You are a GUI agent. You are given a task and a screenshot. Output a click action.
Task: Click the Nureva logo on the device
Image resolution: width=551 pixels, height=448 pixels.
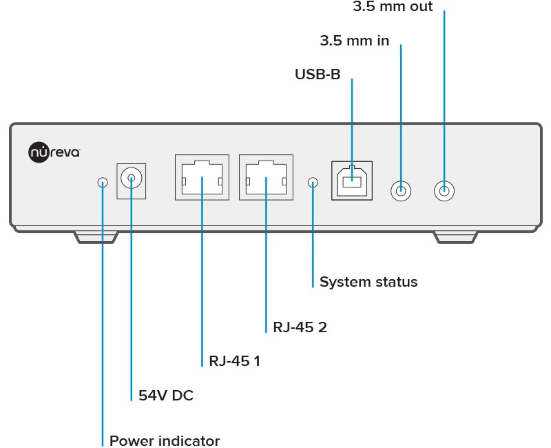click(x=54, y=151)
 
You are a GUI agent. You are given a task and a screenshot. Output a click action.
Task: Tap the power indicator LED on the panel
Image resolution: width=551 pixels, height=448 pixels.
click(x=103, y=183)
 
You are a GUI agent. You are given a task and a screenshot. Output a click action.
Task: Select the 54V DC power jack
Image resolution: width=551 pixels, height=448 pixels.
click(x=131, y=181)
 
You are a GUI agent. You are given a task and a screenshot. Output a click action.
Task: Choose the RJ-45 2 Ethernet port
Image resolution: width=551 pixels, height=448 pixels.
click(x=265, y=177)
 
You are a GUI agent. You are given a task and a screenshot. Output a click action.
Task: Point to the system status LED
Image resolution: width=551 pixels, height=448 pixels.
click(x=313, y=183)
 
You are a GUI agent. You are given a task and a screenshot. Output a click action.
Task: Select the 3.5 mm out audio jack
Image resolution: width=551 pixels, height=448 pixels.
click(x=444, y=190)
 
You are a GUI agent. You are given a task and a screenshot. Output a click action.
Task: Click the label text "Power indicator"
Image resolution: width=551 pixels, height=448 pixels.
click(x=165, y=440)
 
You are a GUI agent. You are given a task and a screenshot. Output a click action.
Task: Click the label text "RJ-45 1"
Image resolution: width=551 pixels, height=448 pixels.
click(x=234, y=360)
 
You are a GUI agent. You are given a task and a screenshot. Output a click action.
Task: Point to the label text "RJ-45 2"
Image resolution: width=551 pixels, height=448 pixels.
click(x=300, y=327)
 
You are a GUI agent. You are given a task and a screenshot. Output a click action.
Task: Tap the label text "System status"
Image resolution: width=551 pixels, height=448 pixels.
click(x=368, y=282)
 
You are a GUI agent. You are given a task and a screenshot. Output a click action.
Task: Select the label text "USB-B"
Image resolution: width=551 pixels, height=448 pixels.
click(x=318, y=74)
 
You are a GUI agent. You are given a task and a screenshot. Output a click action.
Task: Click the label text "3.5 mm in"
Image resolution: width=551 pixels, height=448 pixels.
click(x=355, y=41)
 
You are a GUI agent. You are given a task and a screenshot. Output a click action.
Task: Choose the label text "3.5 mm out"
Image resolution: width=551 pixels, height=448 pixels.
click(x=393, y=7)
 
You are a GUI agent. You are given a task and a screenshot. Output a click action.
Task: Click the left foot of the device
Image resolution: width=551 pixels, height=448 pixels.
click(x=96, y=238)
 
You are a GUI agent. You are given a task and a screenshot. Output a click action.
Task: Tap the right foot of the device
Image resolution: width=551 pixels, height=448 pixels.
click(x=455, y=238)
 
